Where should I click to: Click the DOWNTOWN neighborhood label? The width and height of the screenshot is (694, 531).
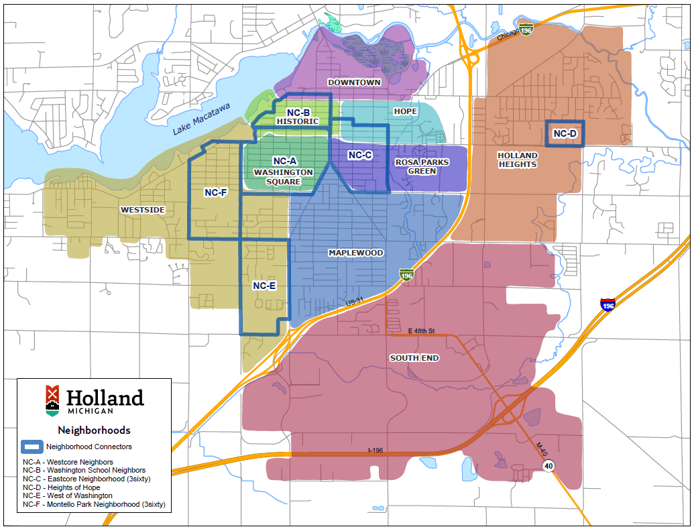(x=354, y=82)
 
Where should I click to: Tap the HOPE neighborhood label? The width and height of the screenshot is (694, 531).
(x=405, y=111)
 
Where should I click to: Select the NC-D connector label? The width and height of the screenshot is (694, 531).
(x=565, y=134)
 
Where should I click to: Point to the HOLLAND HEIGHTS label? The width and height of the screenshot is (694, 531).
(x=518, y=160)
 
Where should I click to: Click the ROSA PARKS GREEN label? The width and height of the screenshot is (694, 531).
(x=422, y=166)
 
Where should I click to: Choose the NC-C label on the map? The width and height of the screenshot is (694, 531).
(x=360, y=155)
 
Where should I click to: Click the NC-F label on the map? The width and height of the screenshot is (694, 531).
(x=216, y=192)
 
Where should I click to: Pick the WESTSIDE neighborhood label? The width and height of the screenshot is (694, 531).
(x=142, y=210)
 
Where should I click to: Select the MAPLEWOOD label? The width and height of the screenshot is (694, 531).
(x=355, y=253)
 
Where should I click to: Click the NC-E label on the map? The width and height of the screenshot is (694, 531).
(x=264, y=286)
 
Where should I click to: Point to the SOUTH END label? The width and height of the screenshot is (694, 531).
(x=414, y=358)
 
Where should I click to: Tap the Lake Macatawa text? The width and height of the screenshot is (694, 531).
(x=201, y=119)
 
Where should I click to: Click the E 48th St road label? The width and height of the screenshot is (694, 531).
(x=422, y=331)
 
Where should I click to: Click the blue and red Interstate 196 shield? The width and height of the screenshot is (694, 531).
(x=608, y=305)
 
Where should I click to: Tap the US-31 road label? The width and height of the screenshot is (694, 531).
(x=355, y=303)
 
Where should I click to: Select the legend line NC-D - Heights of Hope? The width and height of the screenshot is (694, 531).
(x=60, y=487)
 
